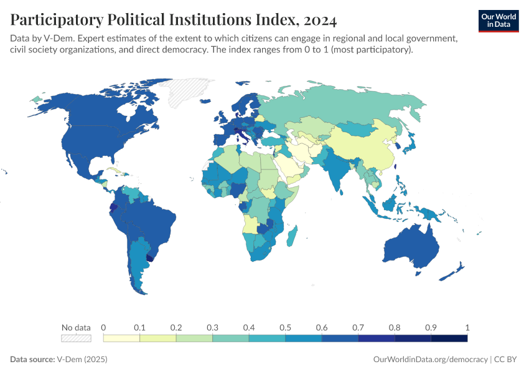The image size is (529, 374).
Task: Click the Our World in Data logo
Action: click(x=498, y=20)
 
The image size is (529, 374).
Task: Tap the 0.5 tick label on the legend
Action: click(x=285, y=327)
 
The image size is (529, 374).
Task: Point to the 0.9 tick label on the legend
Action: click(x=431, y=327)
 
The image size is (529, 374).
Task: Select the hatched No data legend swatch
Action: click(x=76, y=338)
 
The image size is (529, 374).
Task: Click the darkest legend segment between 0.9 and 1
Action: click(x=449, y=338)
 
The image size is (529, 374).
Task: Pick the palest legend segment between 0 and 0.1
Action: click(x=121, y=338)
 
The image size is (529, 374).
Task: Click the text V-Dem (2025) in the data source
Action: click(x=81, y=360)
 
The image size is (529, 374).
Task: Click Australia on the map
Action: click(x=408, y=249)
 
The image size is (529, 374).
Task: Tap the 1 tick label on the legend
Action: click(x=467, y=327)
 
